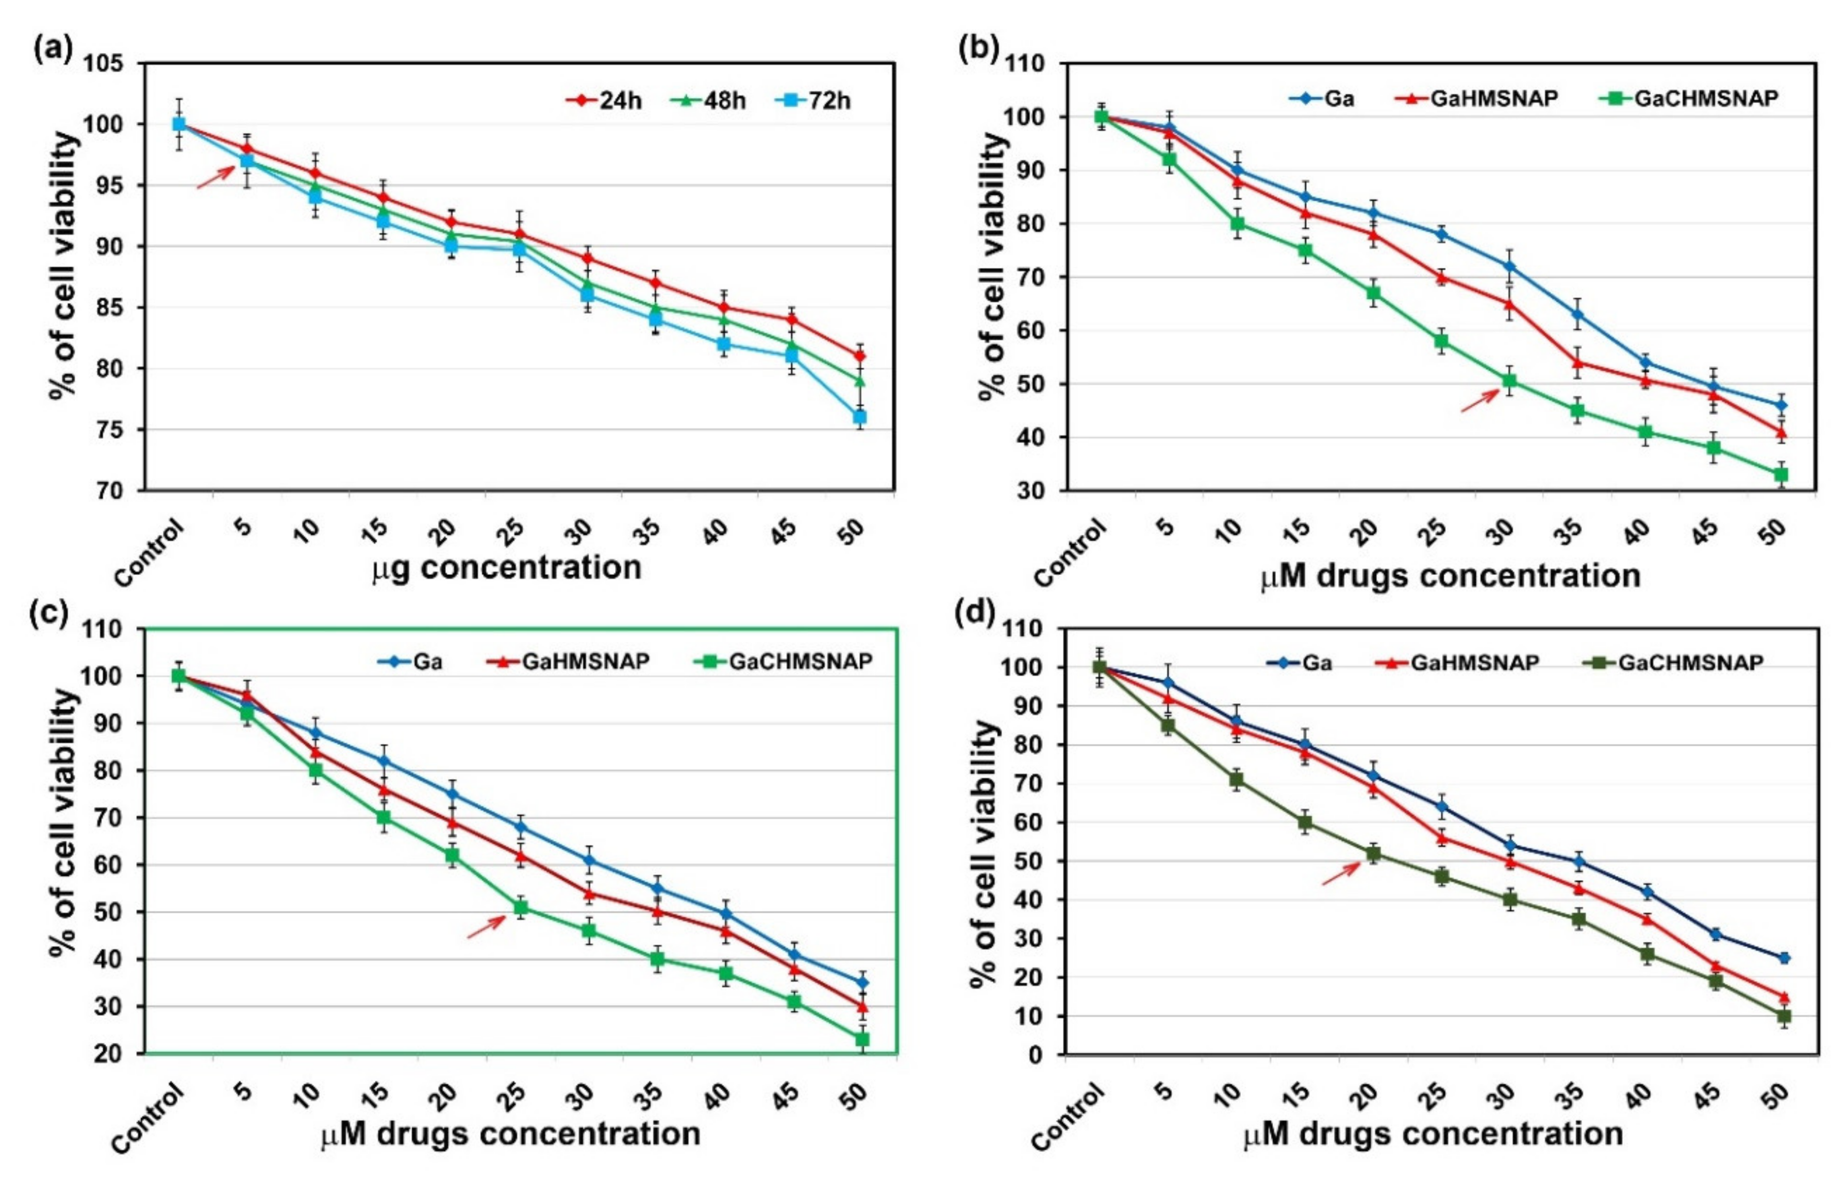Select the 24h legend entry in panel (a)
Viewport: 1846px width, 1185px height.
click(x=604, y=101)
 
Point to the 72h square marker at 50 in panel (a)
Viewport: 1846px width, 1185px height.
click(x=860, y=417)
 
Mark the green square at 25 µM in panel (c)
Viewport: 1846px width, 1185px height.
click(x=521, y=908)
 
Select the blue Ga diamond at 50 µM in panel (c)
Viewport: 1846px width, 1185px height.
click(x=862, y=983)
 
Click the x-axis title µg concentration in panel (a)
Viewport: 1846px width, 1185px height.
click(x=507, y=568)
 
